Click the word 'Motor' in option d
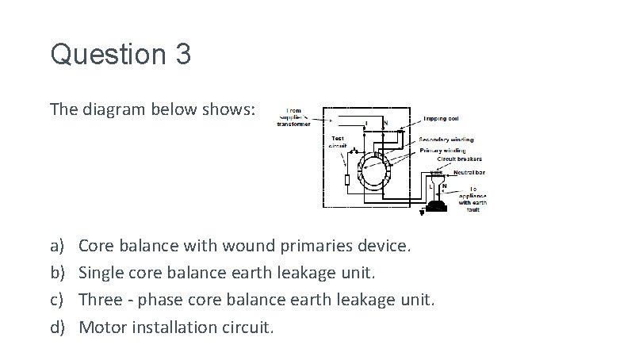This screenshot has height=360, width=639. (x=101, y=326)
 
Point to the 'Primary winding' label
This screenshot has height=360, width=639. (x=442, y=150)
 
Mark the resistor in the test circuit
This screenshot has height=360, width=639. (x=347, y=181)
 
